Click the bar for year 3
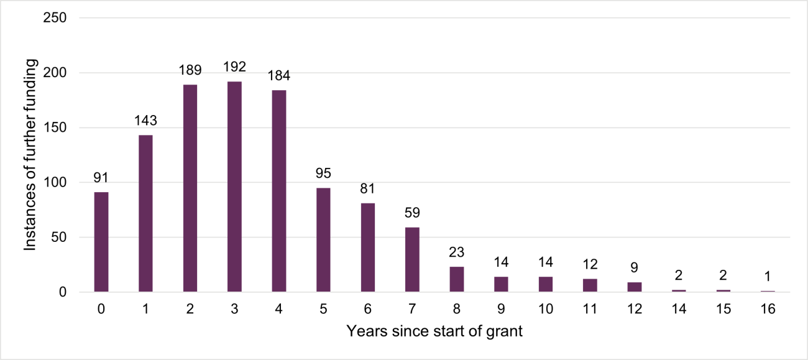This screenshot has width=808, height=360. click(234, 187)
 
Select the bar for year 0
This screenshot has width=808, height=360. click(101, 242)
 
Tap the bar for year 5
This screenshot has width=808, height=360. click(323, 239)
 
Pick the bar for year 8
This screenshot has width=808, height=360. click(457, 279)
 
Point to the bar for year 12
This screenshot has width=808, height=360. click(635, 287)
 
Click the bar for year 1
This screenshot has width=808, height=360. click(145, 213)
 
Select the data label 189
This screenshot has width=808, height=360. click(190, 70)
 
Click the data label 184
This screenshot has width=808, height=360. click(279, 76)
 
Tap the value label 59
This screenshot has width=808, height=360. click(412, 213)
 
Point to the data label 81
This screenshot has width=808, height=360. click(368, 188)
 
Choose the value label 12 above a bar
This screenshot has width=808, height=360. click(590, 264)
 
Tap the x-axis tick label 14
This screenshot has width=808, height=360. click(679, 309)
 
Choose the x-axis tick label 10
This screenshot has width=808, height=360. click(545, 309)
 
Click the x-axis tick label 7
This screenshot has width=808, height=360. click(412, 309)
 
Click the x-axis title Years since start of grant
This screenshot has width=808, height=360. click(434, 331)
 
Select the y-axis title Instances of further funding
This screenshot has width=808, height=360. click(30, 155)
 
